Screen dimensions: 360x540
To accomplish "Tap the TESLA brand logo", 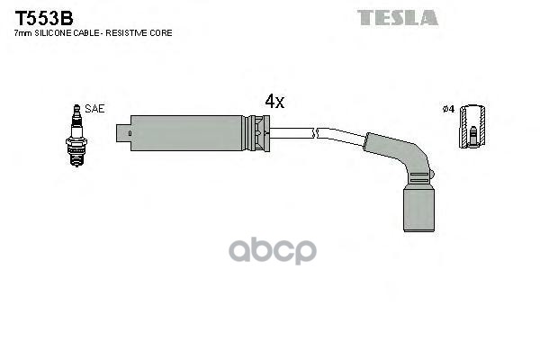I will (x=397, y=17).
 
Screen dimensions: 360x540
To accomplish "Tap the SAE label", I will (x=94, y=108).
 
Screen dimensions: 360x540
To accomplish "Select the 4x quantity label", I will (x=274, y=102).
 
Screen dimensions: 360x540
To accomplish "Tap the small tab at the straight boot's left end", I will (x=124, y=135).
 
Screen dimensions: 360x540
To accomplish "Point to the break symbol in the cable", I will (x=314, y=133).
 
